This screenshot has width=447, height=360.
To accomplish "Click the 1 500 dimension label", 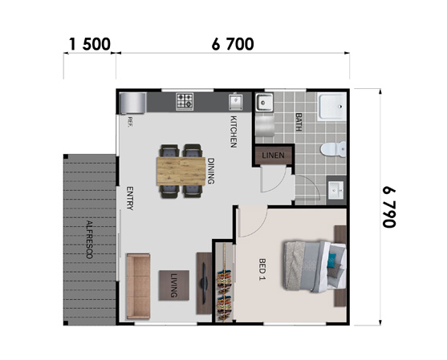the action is (90, 44).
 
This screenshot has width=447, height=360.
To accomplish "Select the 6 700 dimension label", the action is (233, 44).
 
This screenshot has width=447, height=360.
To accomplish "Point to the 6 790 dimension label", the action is (389, 207).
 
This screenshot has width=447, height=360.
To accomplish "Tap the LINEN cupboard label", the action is (273, 156).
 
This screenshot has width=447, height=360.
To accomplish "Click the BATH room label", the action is (299, 122).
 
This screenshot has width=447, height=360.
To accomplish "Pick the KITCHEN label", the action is (234, 131).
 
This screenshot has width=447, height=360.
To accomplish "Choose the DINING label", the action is (210, 171).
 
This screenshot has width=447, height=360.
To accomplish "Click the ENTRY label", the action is (130, 198).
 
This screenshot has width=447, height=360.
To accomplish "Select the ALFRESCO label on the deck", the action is (90, 240).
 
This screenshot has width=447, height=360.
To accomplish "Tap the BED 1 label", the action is (262, 269).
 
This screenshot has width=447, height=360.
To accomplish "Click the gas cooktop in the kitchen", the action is (185, 101).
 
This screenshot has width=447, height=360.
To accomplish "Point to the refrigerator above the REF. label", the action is (132, 103).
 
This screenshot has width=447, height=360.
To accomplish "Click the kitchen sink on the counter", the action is (235, 102).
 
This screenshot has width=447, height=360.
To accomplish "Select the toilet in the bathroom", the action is (333, 149).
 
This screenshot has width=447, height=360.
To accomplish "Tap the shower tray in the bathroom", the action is (332, 107).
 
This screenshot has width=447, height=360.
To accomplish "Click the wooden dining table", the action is (181, 171).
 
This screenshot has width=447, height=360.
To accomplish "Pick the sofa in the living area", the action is (138, 286).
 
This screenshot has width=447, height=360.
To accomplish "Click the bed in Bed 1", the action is (315, 266).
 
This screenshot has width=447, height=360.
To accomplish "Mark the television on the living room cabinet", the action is (204, 283).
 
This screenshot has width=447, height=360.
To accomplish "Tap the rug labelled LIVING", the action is (174, 285).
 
